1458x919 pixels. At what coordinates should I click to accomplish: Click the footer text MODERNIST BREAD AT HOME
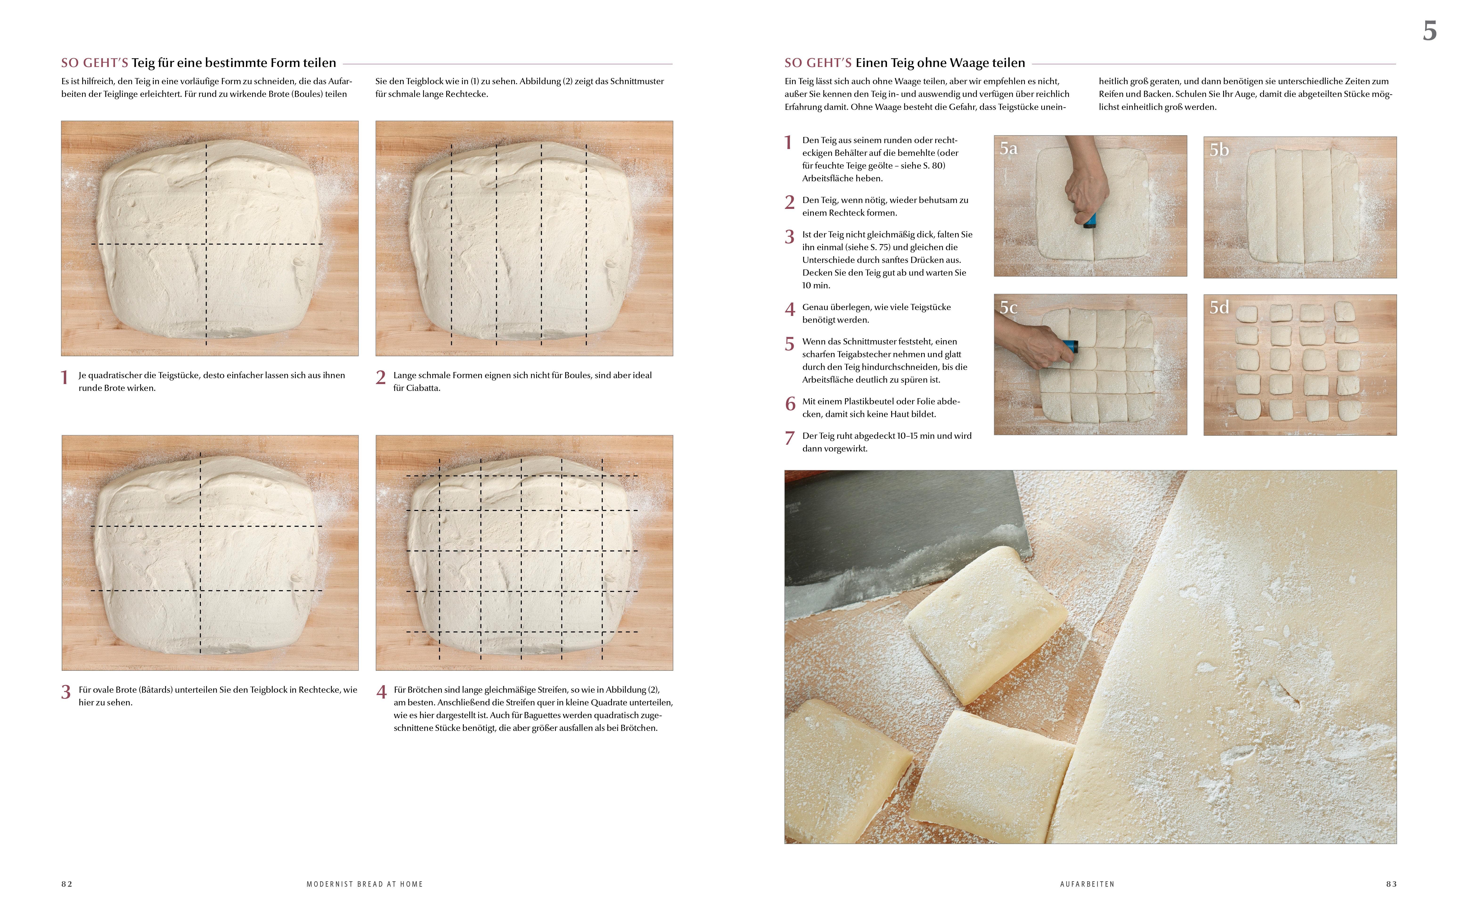364,884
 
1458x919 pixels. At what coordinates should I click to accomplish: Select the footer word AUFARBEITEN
1087,884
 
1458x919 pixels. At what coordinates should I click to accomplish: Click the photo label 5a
1008,149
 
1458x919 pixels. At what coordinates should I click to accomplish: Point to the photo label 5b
1219,150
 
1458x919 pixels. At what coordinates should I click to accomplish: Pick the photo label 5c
1008,308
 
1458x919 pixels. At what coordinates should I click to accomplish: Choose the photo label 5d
1219,308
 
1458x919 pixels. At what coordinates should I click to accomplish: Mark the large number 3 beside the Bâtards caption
66,692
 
